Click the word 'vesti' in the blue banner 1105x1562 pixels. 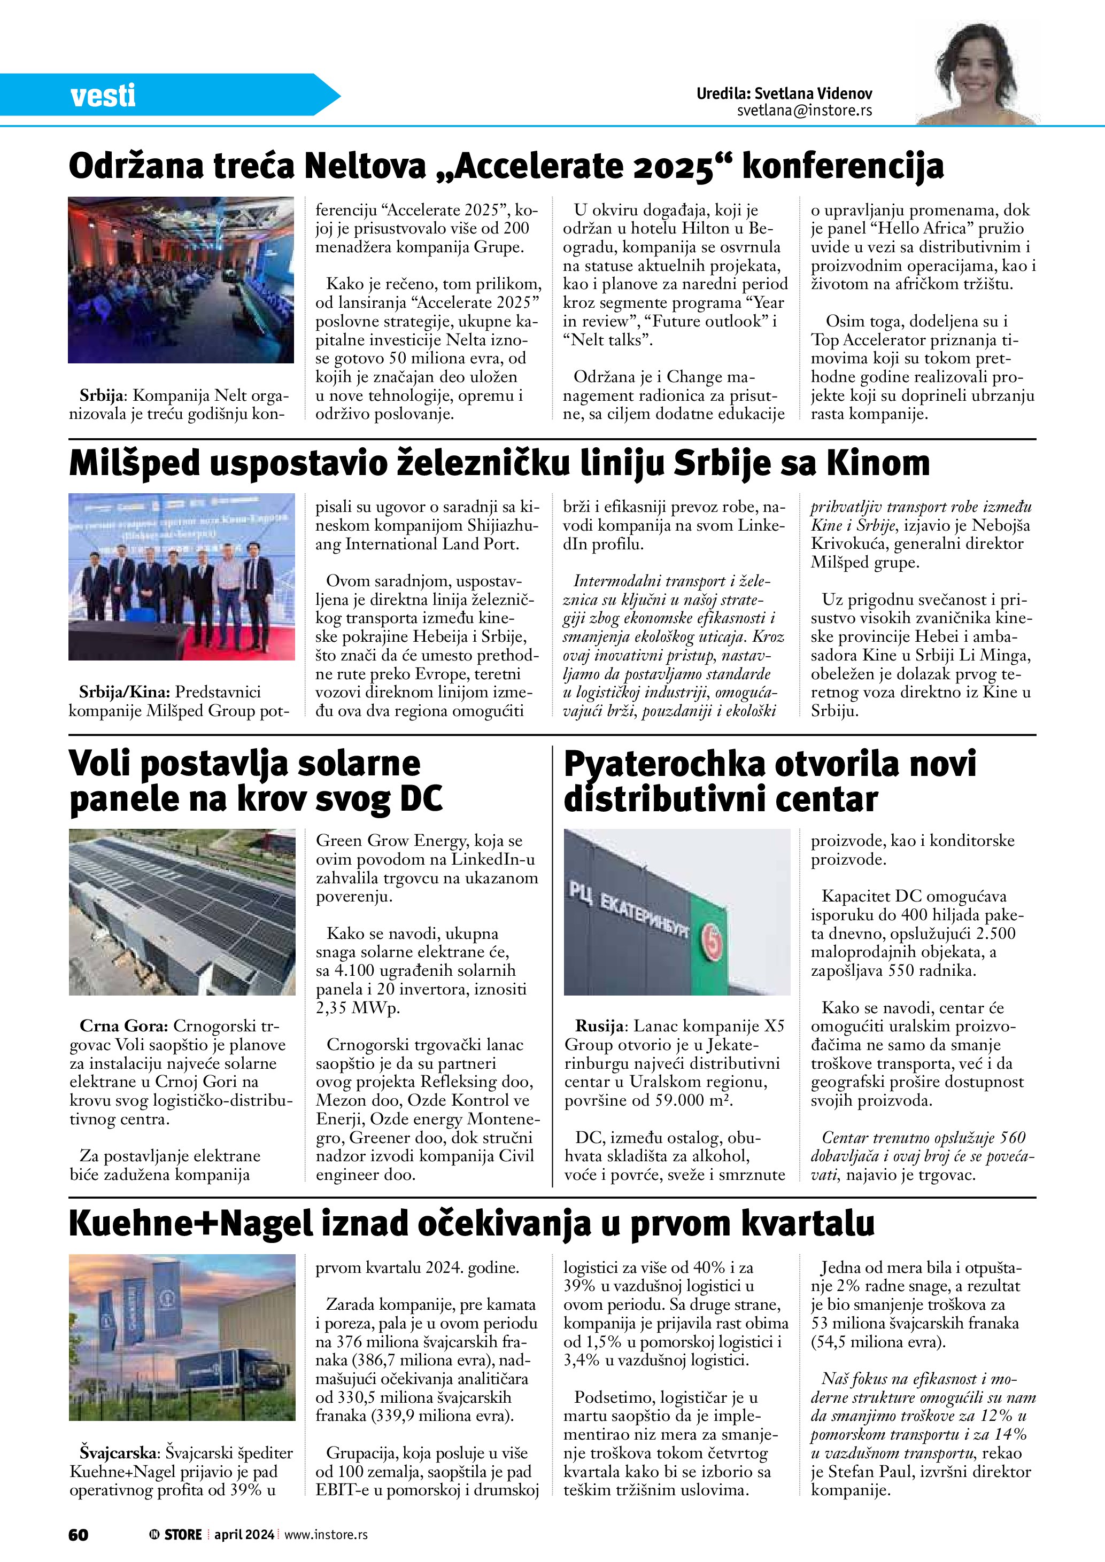tap(103, 95)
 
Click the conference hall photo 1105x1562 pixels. tap(181, 279)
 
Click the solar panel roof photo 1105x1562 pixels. tap(182, 912)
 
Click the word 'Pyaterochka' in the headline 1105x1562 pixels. tap(664, 763)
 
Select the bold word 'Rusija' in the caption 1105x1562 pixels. tap(599, 1026)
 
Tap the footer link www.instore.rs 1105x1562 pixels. tap(326, 1534)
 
